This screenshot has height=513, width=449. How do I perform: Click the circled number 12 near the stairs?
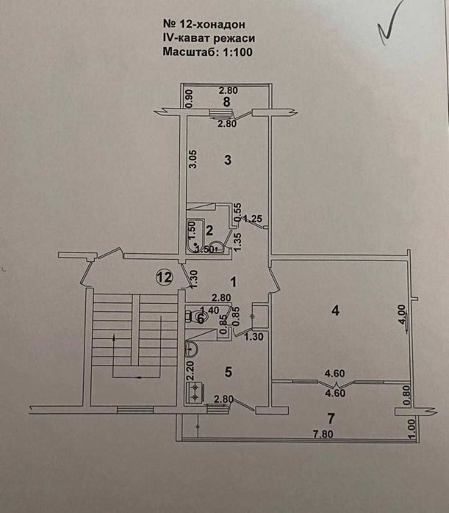click(x=164, y=277)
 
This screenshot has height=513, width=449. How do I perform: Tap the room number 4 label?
click(x=335, y=310)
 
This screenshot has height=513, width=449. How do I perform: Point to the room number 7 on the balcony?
click(x=331, y=418)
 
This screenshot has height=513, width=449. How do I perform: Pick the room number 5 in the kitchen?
click(x=228, y=372)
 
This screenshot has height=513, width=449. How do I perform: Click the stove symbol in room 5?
click(x=196, y=393)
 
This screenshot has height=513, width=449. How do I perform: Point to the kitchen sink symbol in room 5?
click(x=190, y=349)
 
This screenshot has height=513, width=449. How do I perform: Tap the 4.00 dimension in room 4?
click(x=401, y=318)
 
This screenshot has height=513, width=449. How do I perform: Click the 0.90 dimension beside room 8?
click(x=189, y=98)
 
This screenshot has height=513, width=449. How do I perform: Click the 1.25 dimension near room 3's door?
click(x=253, y=218)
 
